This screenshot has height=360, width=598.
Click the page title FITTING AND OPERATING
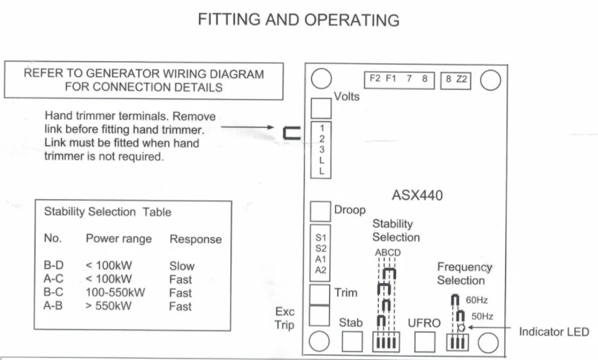point(298,20)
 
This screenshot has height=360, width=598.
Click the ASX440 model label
point(418,195)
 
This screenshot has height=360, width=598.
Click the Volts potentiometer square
point(320,108)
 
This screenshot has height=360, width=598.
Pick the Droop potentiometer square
point(320,211)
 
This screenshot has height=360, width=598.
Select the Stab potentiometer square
point(352,342)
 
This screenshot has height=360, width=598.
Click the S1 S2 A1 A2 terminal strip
point(320,253)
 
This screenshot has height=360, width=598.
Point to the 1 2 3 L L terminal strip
point(321,149)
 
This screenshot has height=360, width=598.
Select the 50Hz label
point(482,316)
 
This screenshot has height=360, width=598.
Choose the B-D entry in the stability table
point(54,265)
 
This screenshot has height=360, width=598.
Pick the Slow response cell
point(182,265)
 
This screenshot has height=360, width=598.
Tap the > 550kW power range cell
point(109,306)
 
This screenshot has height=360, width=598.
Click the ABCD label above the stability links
point(387,253)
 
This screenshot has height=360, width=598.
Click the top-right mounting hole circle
point(490,79)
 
